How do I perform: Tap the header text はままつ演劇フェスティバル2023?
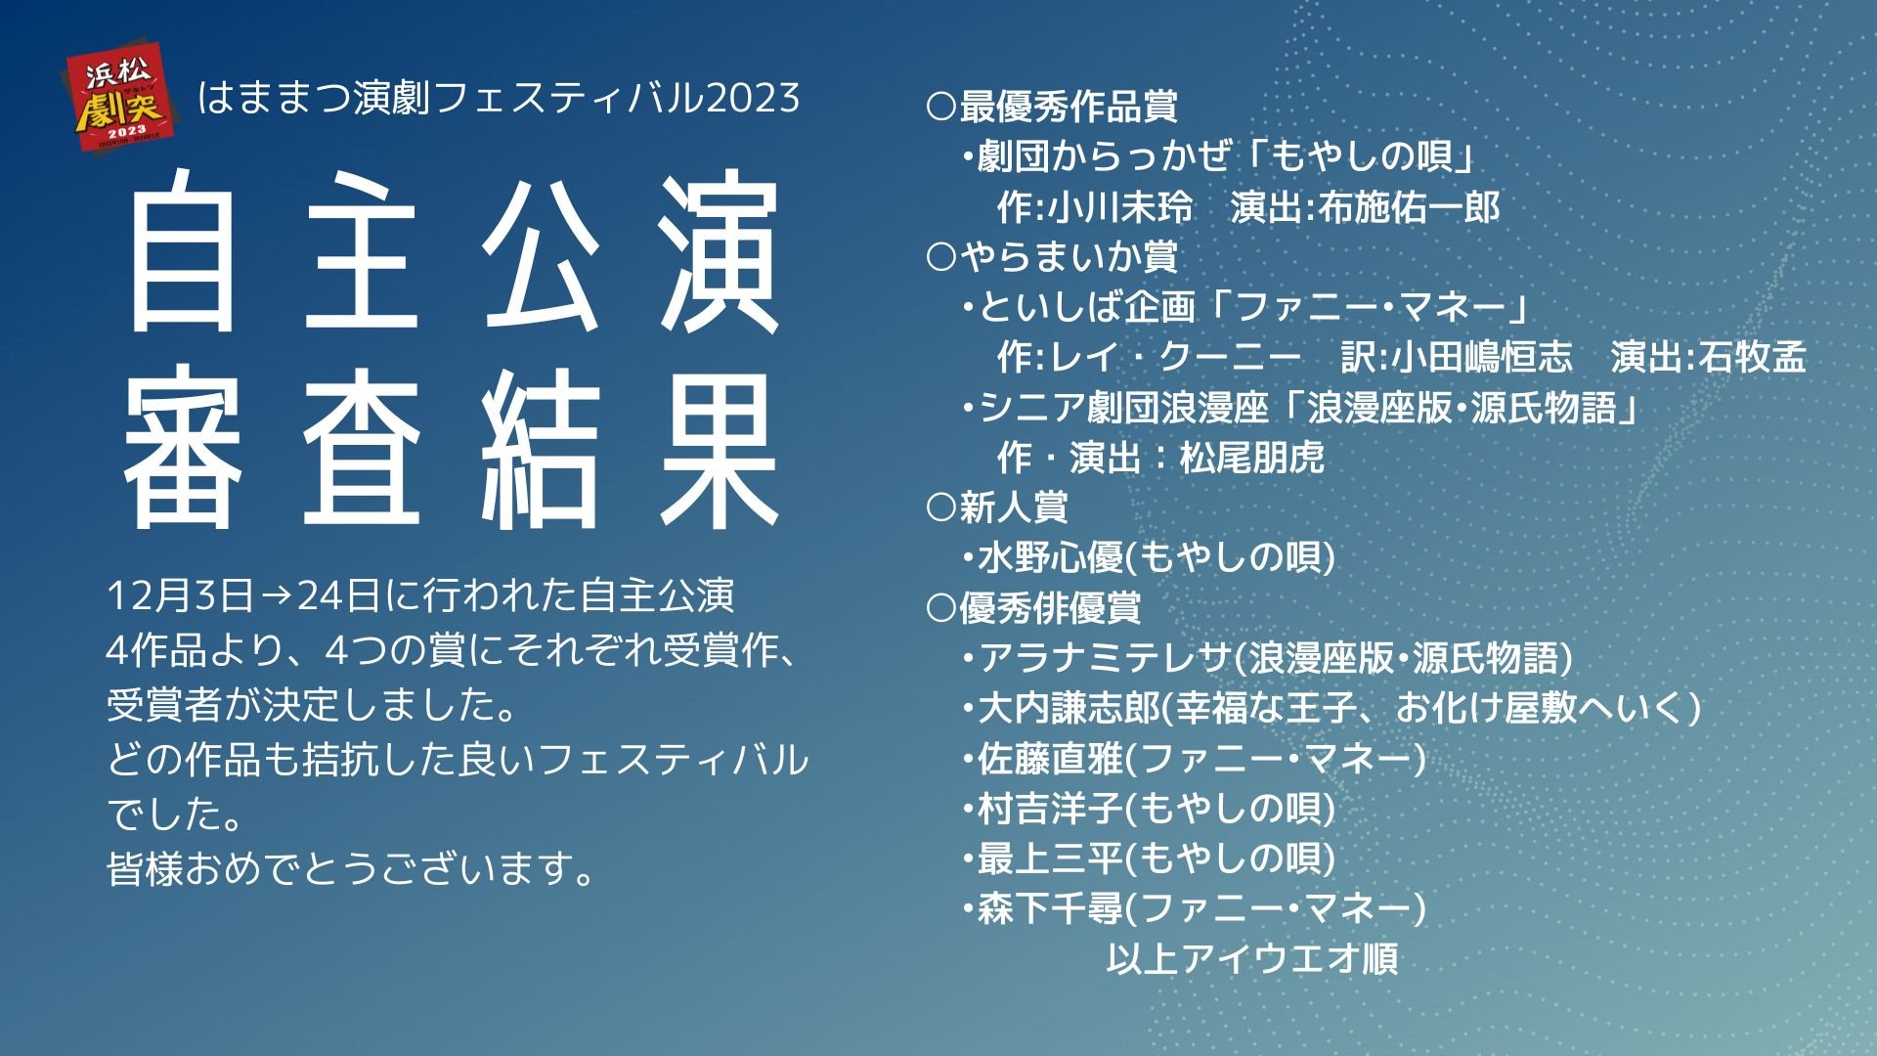click(x=499, y=98)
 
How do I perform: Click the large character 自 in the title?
click(x=182, y=251)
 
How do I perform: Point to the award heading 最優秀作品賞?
click(x=1069, y=107)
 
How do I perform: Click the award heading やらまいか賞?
click(x=1069, y=257)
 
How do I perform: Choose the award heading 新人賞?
click(x=1014, y=507)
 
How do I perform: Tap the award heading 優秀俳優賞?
click(x=1050, y=608)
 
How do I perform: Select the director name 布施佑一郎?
click(x=1409, y=207)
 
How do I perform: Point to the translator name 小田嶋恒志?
click(x=1482, y=358)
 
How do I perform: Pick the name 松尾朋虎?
click(x=1252, y=458)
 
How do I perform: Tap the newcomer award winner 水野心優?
click(x=1051, y=558)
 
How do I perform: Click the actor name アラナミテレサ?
click(x=1104, y=658)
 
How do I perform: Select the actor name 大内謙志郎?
click(x=1069, y=708)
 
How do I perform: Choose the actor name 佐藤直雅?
click(x=1051, y=758)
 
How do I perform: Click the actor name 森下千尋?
click(x=1051, y=909)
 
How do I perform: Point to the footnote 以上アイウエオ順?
click(x=1252, y=959)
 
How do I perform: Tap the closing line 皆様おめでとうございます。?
click(x=352, y=867)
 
